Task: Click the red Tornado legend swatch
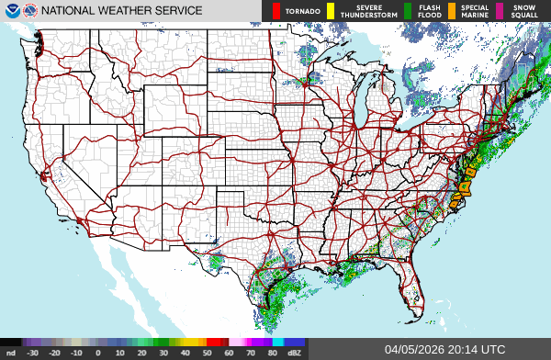275,11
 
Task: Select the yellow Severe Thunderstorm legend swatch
330,11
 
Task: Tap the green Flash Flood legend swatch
407,11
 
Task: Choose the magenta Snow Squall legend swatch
499,11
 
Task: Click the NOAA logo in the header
10,11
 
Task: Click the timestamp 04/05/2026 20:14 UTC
444,349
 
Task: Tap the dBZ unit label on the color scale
295,352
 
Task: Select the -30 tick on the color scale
33,352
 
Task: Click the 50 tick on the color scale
208,352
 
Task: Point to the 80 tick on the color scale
274,352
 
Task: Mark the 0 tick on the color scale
98,352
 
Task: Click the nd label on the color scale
11,352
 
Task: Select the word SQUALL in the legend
525,16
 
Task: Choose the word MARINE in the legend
476,16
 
